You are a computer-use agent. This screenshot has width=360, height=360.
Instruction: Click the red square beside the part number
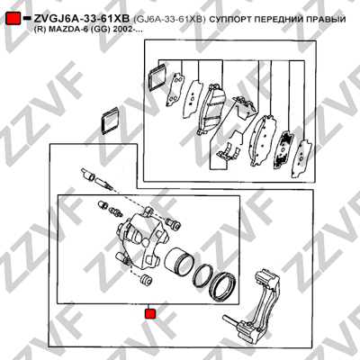coord(13,19)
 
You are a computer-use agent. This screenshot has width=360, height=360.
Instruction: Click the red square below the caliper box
coord(149,314)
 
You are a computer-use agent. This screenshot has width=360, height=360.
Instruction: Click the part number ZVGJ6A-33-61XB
coord(82,19)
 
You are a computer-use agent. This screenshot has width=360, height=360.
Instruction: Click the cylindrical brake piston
coord(178,262)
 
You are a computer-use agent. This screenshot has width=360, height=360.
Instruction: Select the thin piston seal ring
coord(202,275)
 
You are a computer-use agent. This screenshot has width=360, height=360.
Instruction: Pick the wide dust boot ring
coord(222,286)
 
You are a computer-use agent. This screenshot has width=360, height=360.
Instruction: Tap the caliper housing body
coord(140,240)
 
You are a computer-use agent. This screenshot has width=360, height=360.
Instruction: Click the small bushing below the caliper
coord(147,279)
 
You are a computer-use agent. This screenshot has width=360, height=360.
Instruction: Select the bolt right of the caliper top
coord(174,223)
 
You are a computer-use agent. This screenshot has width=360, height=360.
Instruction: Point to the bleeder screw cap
coord(103,205)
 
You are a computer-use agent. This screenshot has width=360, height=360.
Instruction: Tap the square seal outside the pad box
coord(110,121)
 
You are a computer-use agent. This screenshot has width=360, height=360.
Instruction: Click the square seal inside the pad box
coord(158,77)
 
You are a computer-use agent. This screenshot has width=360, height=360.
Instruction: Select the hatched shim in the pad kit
coord(283,150)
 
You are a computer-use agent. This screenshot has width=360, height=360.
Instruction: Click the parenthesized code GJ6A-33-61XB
coord(169,19)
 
